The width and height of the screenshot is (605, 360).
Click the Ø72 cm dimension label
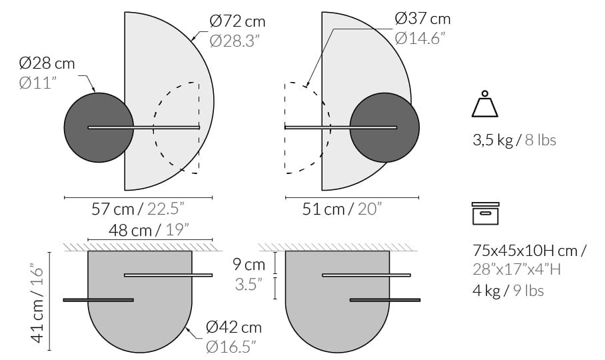click(237, 22)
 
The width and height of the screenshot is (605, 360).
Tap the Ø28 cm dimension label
click(47, 64)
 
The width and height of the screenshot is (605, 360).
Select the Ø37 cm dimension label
click(422, 19)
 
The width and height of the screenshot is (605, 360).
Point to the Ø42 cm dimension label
click(234, 327)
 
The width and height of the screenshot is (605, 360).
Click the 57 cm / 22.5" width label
click(137, 209)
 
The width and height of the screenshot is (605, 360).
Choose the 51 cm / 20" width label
click(342, 209)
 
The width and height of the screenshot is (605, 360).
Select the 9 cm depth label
click(250, 264)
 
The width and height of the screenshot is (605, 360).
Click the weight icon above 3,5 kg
click(486, 105)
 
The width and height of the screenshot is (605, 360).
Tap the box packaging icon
click(486, 213)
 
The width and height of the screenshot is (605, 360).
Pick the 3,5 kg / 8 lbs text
click(514, 141)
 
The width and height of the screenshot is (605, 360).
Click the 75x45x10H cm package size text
click(529, 251)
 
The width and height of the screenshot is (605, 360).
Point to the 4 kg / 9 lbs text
click(508, 290)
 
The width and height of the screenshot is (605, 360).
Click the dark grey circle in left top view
click(98, 127)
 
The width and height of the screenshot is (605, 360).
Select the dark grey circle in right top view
click(384, 127)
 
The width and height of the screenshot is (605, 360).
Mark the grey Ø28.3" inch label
click(235, 41)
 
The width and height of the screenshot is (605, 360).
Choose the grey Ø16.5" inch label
click(231, 346)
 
